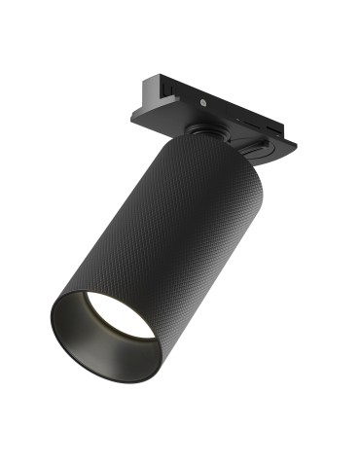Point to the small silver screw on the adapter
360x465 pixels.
click(202, 101)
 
